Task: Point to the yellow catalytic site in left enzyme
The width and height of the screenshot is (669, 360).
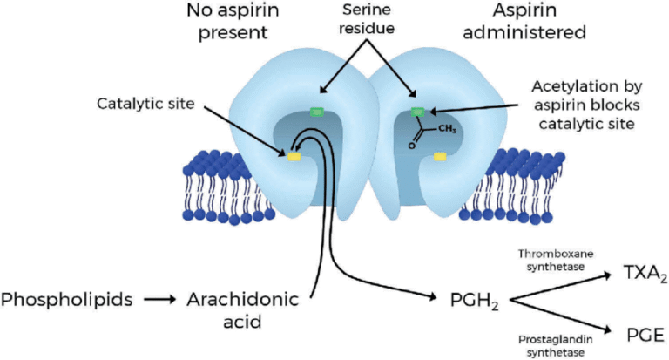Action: pos(294,156)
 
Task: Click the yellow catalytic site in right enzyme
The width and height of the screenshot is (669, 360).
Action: pos(441,157)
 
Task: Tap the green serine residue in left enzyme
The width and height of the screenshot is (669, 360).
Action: pos(314,112)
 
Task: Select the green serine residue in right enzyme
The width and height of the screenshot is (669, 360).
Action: pos(419,112)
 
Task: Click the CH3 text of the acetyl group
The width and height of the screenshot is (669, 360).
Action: pos(445,129)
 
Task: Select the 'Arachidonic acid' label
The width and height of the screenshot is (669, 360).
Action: pos(242,310)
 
